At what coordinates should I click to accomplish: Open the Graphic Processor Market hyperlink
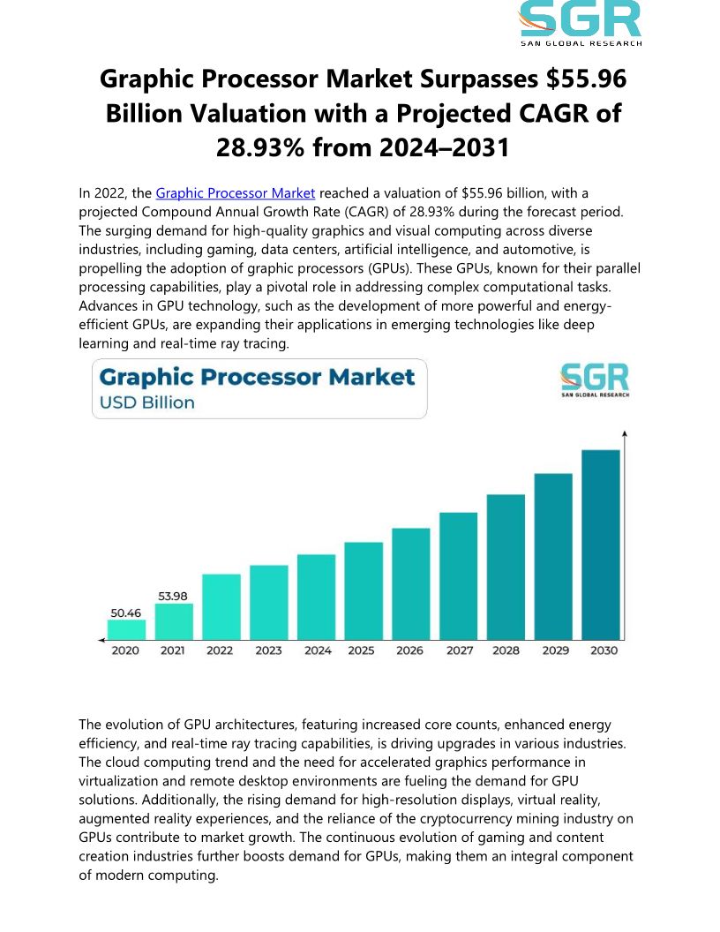click(236, 192)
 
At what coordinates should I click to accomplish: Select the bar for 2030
click(601, 545)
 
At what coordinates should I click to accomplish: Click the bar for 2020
click(126, 628)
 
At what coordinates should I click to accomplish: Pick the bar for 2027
click(458, 575)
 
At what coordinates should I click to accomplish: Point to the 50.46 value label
click(125, 611)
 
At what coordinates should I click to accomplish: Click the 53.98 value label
click(174, 596)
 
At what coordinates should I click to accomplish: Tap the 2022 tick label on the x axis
click(221, 650)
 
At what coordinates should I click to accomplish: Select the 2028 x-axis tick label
click(506, 650)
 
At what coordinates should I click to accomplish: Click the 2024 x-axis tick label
click(317, 650)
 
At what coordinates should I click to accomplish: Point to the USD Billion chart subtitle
click(147, 403)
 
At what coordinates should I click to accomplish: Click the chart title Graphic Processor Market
click(257, 378)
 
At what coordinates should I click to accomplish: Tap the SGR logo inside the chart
click(595, 380)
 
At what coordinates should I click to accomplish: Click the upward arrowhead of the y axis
click(625, 434)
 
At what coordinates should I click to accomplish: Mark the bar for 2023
click(269, 602)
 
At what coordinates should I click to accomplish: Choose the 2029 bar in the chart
click(553, 556)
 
